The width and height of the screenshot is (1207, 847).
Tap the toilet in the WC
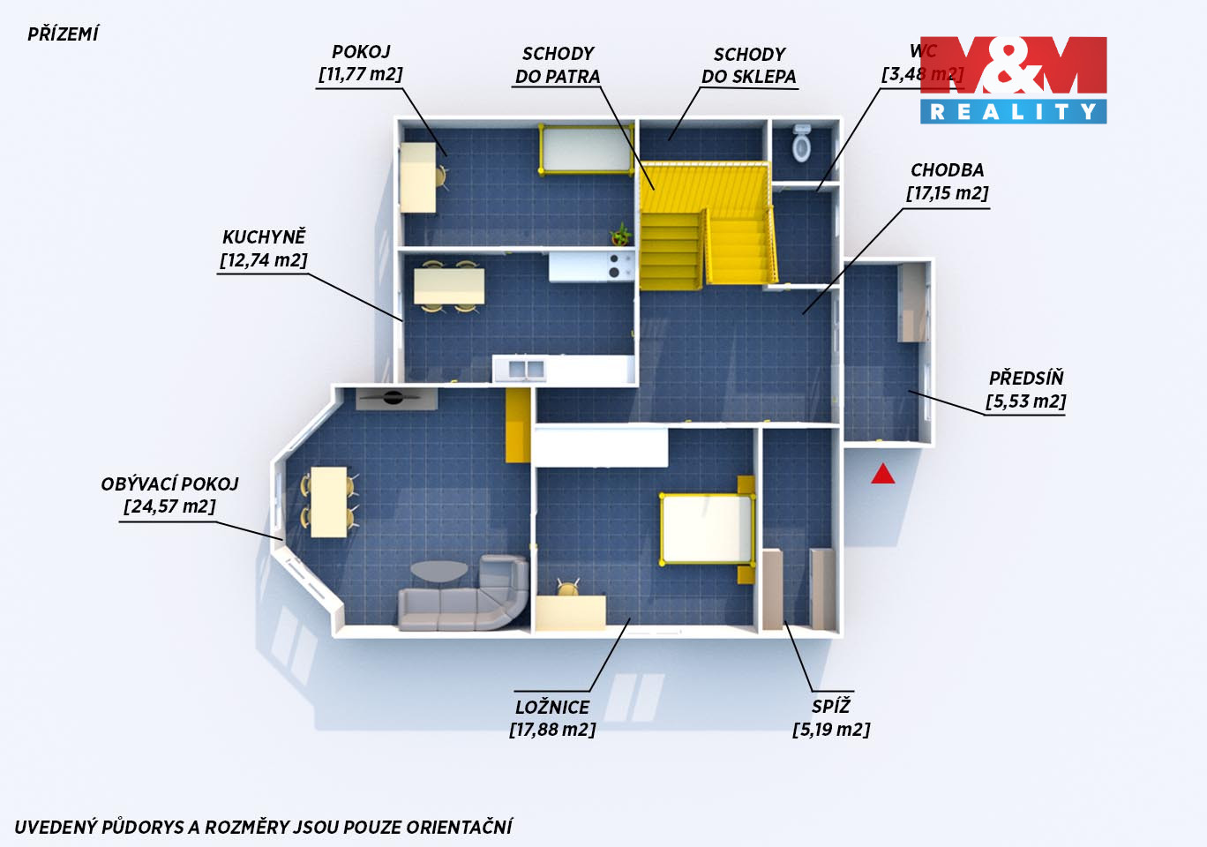pos(802,143)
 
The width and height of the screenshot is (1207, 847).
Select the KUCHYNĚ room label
pos(264,237)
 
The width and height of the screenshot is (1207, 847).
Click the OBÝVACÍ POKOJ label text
pos(169,483)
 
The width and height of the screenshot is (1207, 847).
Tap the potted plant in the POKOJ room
pos(620,235)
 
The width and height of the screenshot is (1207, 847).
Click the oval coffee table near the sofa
pos(439,571)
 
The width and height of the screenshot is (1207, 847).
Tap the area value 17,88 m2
pos(552,730)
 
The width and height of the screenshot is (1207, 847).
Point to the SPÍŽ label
pos(831,706)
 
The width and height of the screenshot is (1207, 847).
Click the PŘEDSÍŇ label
pos(1026,378)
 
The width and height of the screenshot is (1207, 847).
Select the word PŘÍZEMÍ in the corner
pos(63,34)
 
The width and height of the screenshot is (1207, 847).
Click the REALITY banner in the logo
pos(1014,111)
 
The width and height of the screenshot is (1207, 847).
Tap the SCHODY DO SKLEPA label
pos(749,65)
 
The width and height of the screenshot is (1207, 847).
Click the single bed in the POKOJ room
pos(586,150)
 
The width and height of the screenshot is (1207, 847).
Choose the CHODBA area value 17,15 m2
pos(948,193)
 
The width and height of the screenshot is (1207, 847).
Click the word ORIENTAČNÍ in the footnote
pos(459,827)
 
